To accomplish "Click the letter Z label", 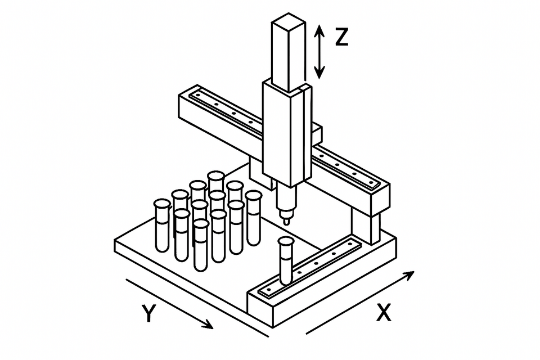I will [341, 37].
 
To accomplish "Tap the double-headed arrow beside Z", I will [319, 52].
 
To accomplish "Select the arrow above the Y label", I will [169, 303].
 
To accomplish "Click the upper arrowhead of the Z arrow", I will [319, 30].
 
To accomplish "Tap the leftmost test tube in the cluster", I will [163, 225].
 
